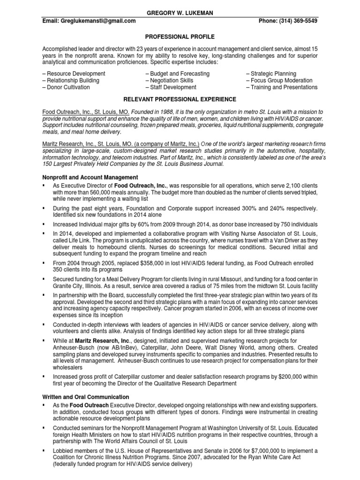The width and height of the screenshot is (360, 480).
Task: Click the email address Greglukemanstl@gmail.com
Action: click(89, 21)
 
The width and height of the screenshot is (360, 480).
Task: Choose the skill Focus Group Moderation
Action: click(281, 80)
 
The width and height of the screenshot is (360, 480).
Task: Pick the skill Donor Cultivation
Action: click(67, 87)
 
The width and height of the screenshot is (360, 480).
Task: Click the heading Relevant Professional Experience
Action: click(180, 99)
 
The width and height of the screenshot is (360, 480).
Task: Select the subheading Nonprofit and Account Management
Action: click(90, 177)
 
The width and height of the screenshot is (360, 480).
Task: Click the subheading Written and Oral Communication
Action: click(86, 397)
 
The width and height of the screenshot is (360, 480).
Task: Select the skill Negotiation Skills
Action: click(169, 80)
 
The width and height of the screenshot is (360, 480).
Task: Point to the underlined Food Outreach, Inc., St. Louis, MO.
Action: click(86, 112)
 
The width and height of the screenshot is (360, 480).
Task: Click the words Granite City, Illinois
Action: click(75, 286)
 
